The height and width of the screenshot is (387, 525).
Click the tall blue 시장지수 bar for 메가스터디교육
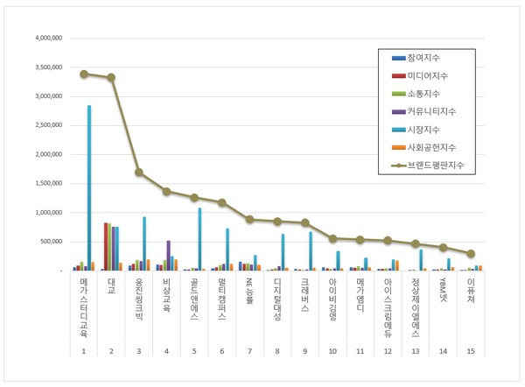[88, 187]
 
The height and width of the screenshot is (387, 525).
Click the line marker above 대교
[111, 78]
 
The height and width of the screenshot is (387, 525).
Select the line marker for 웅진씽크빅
[139, 172]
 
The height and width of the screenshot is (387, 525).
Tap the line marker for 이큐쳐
[471, 254]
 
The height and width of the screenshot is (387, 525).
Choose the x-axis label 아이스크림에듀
[388, 304]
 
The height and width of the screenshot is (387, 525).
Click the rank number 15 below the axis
[471, 350]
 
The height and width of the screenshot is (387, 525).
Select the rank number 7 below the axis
[249, 350]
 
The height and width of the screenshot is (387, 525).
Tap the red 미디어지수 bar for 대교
[106, 247]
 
